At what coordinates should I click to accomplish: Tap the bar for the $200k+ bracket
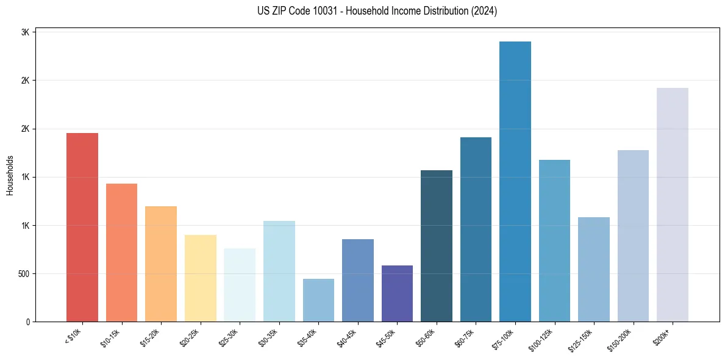(x=673, y=204)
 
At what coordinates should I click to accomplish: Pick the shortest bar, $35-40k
(x=318, y=300)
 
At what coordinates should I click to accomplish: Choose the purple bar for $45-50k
(x=397, y=293)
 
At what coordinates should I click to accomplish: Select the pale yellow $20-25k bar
(x=201, y=278)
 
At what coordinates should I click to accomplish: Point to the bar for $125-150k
(x=594, y=269)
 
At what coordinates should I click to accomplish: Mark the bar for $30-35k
(x=279, y=271)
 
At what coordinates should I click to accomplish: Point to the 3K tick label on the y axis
(x=25, y=32)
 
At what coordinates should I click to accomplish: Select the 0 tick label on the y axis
(x=27, y=322)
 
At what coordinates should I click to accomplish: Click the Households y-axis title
(x=10, y=175)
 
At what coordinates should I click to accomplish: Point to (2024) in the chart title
(x=485, y=11)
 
